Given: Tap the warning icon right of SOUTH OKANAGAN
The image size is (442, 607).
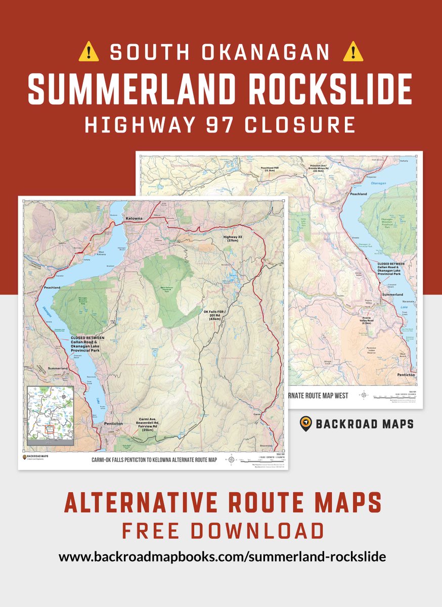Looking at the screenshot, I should click(x=353, y=52).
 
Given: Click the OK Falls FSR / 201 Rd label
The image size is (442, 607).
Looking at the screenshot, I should click(x=215, y=315).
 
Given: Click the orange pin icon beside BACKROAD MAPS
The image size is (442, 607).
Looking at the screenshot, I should click(x=305, y=423).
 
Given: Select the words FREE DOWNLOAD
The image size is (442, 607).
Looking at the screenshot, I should click(x=223, y=531).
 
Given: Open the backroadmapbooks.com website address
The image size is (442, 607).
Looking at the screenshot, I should click(x=223, y=557).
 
